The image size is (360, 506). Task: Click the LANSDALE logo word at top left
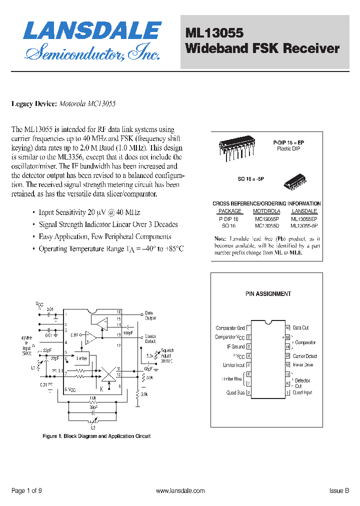pyautogui.click(x=92, y=31)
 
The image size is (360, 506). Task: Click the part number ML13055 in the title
pyautogui.click(x=214, y=33)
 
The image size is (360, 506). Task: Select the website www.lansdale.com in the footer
pyautogui.click(x=180, y=491)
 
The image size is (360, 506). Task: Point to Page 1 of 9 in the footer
pyautogui.click(x=26, y=491)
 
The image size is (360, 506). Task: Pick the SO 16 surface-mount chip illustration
pyautogui.click(x=294, y=181)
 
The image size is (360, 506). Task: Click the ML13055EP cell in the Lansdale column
pyautogui.click(x=304, y=219)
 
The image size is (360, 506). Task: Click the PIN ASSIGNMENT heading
pyautogui.click(x=268, y=294)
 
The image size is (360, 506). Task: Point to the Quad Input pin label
pyautogui.click(x=302, y=392)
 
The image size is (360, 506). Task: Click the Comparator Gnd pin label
pyautogui.click(x=230, y=328)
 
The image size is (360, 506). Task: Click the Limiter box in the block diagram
pyautogui.click(x=81, y=358)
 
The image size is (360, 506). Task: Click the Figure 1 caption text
pyautogui.click(x=96, y=436)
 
